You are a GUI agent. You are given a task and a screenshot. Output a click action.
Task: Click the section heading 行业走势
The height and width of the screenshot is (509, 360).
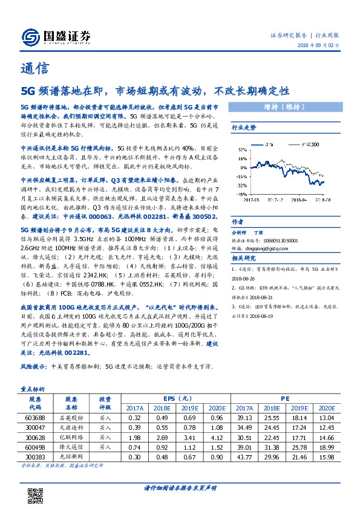click(244, 128)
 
